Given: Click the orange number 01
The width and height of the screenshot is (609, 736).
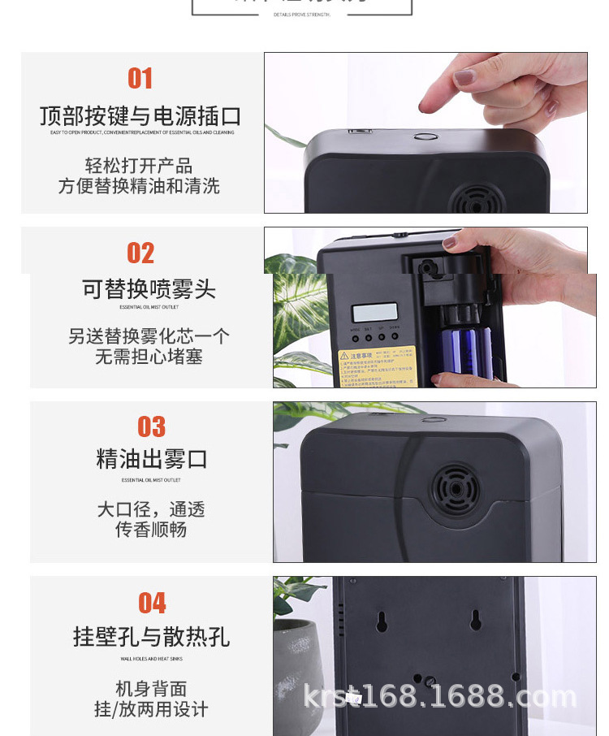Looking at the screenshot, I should tap(140, 79).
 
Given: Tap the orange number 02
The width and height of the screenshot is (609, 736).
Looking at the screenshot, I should tap(140, 253).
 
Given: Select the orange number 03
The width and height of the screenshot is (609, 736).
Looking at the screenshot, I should tap(151, 427).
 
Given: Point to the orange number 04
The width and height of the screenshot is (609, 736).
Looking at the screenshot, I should tap(152, 604).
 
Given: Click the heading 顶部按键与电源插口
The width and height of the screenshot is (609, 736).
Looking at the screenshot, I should tap(140, 116).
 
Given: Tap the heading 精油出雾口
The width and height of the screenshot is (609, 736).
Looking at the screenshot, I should tap(152, 459).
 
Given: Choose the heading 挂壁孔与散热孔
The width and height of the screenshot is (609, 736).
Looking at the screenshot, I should tap(152, 637).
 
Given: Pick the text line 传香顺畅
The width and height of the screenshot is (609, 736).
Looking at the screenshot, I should tap(151, 530).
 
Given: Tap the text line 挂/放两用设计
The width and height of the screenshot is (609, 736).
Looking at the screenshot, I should tap(151, 709).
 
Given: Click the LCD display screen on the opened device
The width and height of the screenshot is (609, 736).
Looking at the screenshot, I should tap(374, 313).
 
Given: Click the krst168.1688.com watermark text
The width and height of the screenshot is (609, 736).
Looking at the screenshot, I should tap(439, 696).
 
